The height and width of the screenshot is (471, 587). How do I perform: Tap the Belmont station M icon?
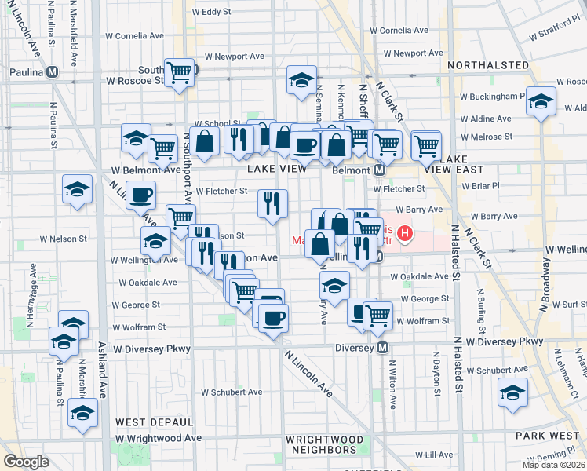[x=379, y=170]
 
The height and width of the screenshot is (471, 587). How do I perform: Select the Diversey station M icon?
[x=383, y=347]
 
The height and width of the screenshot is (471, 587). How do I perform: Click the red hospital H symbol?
[x=405, y=233]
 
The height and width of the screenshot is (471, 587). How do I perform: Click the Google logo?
[x=26, y=462]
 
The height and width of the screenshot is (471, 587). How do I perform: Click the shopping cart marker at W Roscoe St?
[x=180, y=73]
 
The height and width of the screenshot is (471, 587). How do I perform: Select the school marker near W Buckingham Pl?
[x=541, y=102]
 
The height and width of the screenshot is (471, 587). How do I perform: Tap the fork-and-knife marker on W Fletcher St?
[x=272, y=204]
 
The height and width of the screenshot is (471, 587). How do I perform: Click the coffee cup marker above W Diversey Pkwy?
[x=273, y=318]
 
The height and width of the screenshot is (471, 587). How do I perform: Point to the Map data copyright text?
[x=553, y=465]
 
